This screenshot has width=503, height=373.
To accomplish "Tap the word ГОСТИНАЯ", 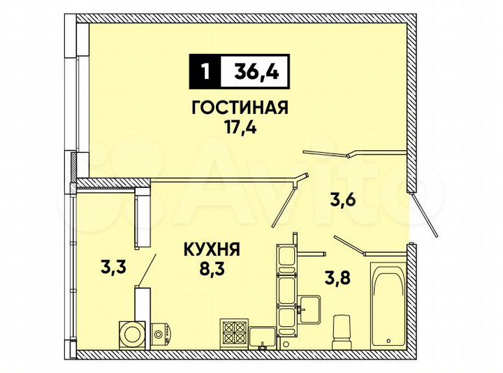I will tap(240, 108).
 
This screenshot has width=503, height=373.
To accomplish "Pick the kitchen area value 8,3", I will tap(212, 265).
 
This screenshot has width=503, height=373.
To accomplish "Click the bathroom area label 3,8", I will tap(337, 277).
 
